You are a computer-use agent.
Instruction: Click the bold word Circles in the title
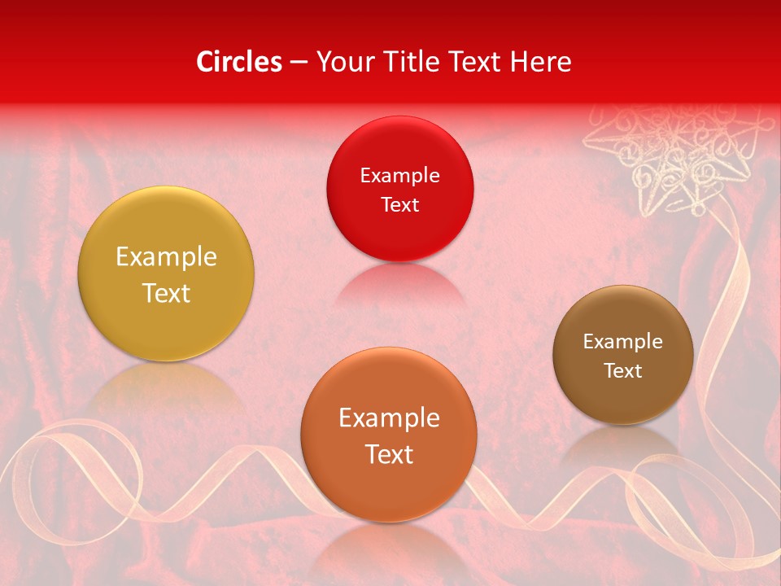[239, 62]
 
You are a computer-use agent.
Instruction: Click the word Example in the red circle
[399, 176]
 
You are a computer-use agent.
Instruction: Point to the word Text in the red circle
[399, 205]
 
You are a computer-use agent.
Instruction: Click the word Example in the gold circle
[166, 257]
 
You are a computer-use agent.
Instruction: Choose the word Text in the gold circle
[166, 293]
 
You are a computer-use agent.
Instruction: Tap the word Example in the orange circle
[389, 418]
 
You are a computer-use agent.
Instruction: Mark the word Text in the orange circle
[389, 454]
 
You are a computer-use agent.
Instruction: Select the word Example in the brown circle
[623, 342]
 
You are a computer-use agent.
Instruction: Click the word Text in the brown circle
[623, 371]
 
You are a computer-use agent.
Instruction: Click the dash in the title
[299, 63]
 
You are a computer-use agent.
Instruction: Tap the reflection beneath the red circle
[399, 285]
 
